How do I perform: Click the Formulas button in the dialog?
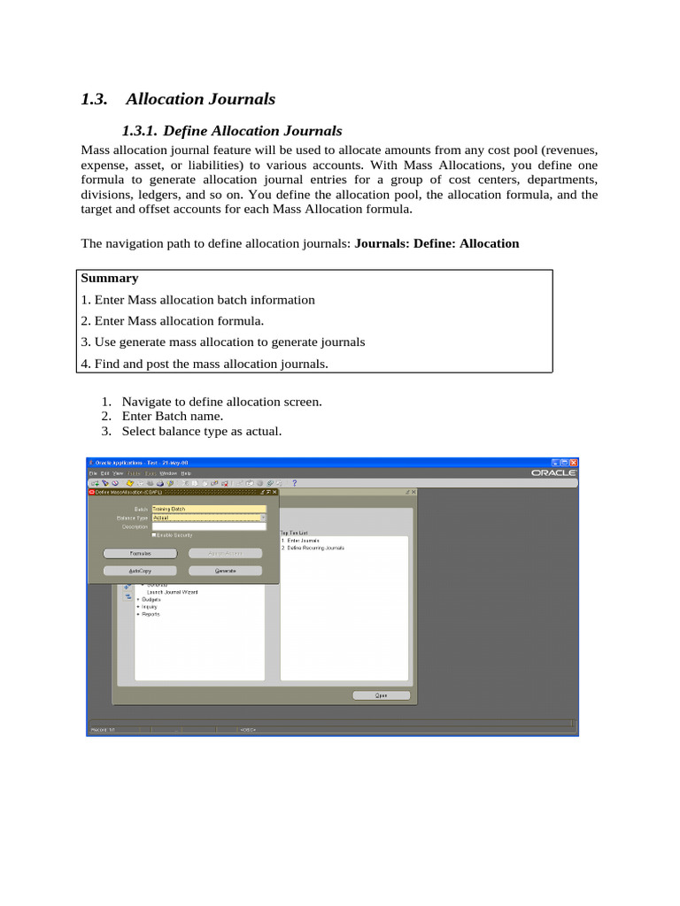[140, 553]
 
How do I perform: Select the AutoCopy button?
[140, 572]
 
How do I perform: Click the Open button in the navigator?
[382, 695]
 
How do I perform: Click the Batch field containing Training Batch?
[209, 510]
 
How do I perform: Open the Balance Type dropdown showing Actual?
[263, 518]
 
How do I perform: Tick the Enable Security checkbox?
[155, 534]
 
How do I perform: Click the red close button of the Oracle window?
[573, 463]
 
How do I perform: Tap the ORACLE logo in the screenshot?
[553, 473]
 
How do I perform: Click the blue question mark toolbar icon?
[295, 483]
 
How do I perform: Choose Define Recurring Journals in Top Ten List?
[315, 548]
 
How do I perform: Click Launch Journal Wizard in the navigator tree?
[172, 592]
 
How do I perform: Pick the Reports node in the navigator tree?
[151, 614]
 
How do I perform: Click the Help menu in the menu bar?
[186, 473]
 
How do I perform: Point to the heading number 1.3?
[94, 100]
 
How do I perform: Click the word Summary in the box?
[109, 279]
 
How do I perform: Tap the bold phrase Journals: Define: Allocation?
[437, 243]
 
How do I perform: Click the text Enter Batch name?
[173, 417]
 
